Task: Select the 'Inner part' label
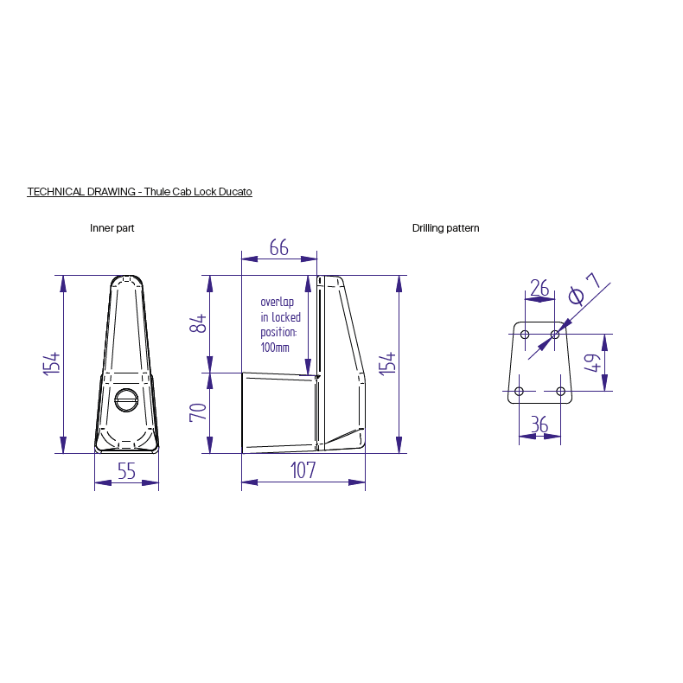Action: coord(112,228)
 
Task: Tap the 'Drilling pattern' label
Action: coord(445,228)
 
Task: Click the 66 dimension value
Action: coord(278,248)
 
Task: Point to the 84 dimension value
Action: coord(198,324)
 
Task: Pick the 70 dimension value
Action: coord(198,412)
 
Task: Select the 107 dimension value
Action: coord(303,470)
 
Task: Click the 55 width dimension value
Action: coord(126,471)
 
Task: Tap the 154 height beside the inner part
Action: coord(51,363)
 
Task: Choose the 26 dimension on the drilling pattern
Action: coord(539,288)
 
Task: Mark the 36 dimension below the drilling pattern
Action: coord(539,424)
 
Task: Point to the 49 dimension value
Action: coord(592,362)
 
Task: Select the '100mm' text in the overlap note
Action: coord(275,348)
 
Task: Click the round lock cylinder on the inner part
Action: coord(126,400)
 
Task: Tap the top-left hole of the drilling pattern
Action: coord(525,334)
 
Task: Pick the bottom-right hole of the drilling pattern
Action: coord(560,392)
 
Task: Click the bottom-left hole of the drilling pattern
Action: coord(519,392)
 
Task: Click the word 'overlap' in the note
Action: coord(278,302)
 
